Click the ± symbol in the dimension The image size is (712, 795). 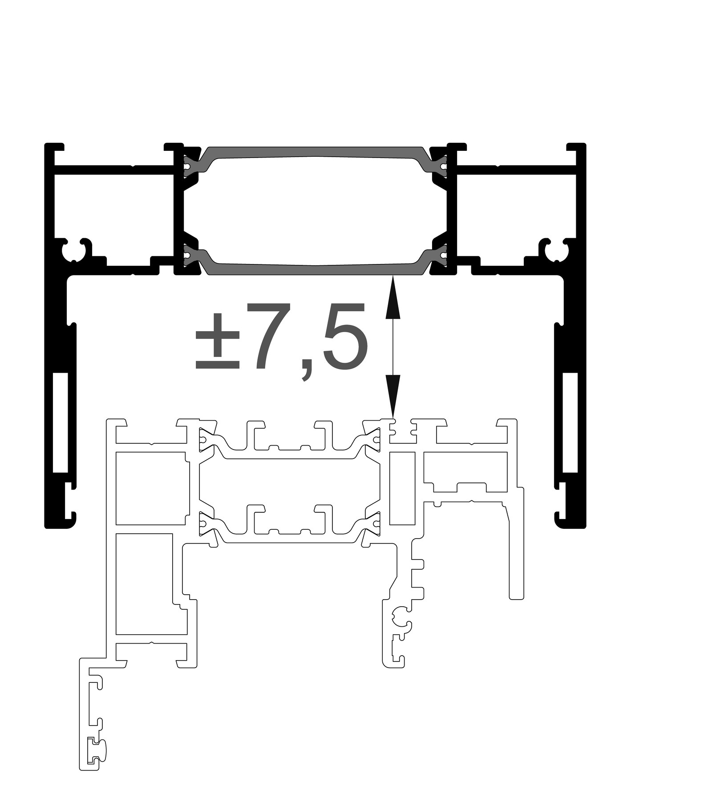(x=218, y=341)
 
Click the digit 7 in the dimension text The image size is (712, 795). (x=272, y=337)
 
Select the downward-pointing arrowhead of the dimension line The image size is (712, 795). (x=392, y=396)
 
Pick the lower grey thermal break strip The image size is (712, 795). (x=316, y=262)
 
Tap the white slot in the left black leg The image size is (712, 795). (x=60, y=422)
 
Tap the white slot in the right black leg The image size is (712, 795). (x=570, y=422)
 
